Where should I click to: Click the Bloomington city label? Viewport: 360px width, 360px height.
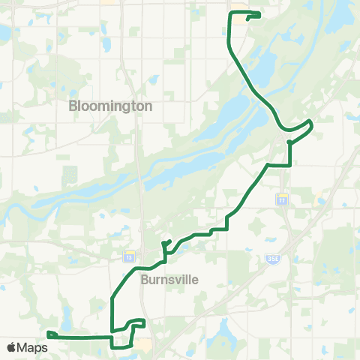click(x=110, y=106)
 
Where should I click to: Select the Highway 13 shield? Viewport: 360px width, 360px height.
click(x=128, y=256)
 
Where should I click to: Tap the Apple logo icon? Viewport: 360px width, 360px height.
click(x=11, y=347)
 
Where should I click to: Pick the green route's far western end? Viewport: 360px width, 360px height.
click(x=47, y=334)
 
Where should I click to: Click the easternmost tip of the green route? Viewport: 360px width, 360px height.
click(x=311, y=121)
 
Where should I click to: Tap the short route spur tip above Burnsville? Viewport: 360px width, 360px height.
click(x=172, y=241)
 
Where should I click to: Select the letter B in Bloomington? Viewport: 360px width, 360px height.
click(x=73, y=106)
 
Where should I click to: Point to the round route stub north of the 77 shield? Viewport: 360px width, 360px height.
click(x=289, y=140)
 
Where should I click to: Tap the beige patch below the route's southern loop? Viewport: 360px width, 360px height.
click(x=142, y=344)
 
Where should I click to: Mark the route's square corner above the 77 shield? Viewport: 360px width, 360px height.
click(x=289, y=164)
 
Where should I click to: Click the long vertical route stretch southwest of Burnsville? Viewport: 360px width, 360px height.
click(x=112, y=311)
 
